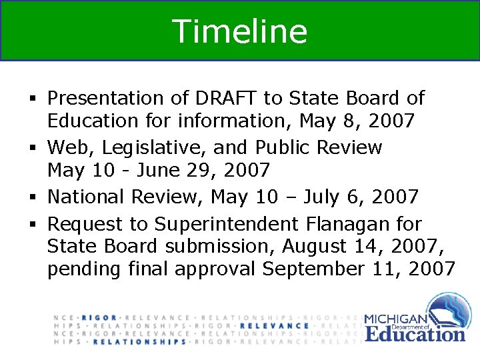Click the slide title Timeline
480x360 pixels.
pyautogui.click(x=240, y=31)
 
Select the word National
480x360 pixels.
pyautogui.click(x=87, y=197)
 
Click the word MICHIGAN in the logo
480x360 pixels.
pyautogui.click(x=397, y=319)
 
